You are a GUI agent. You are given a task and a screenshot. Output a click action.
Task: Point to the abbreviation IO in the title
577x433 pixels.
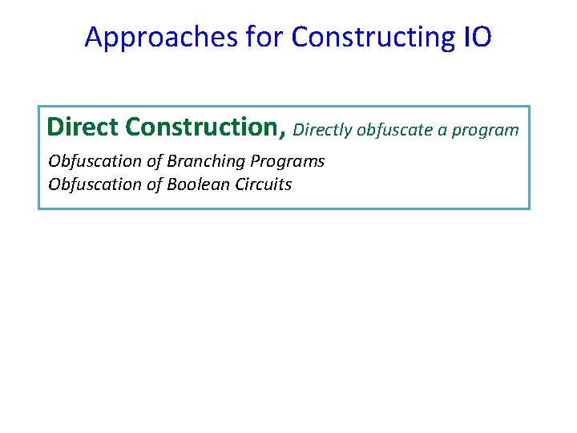coord(478,37)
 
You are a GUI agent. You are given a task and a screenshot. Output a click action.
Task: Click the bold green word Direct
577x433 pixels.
coord(83,127)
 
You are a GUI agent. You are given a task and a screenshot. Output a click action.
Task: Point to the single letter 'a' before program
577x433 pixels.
coord(442,130)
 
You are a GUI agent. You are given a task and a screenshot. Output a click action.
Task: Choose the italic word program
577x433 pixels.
coord(486,130)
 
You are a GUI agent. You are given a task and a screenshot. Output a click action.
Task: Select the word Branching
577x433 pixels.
coord(204,161)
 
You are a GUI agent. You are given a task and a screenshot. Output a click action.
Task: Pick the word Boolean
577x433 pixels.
coord(197,184)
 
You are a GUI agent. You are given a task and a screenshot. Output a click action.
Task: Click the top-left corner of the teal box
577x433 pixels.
coord(39,107)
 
